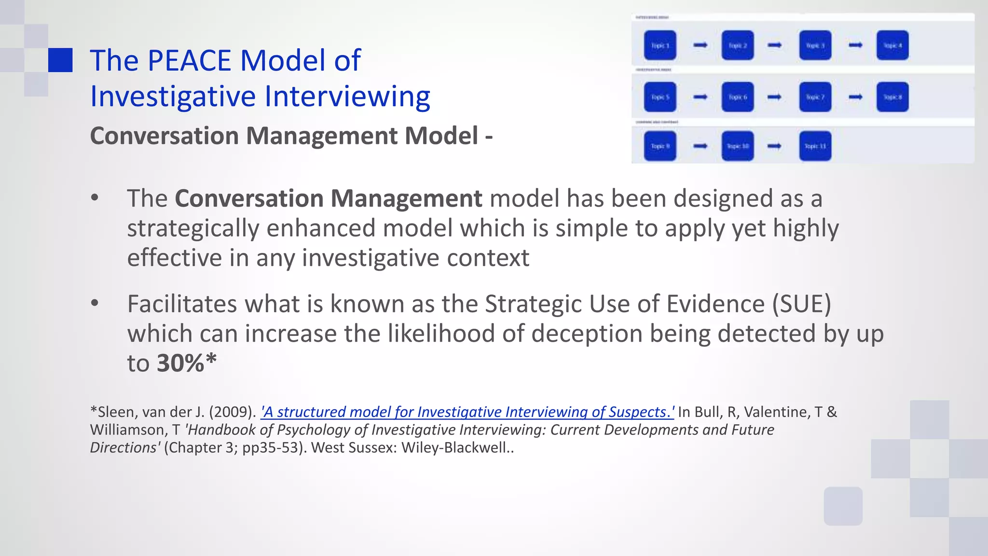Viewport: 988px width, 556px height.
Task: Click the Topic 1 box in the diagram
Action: coord(660,45)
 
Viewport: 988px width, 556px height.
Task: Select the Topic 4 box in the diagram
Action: coord(892,45)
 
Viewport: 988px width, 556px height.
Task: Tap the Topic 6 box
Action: coord(738,97)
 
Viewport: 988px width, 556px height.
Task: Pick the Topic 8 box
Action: coord(892,97)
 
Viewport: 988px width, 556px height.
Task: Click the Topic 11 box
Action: coord(815,146)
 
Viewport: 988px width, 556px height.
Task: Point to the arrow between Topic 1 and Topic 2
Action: coord(700,45)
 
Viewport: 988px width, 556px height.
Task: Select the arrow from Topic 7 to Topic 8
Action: coord(855,97)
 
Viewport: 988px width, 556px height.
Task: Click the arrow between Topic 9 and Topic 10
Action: coord(700,146)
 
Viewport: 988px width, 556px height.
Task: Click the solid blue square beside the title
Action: coord(60,60)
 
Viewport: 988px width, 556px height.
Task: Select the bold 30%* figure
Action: coord(187,363)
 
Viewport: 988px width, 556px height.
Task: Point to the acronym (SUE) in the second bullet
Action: coord(802,304)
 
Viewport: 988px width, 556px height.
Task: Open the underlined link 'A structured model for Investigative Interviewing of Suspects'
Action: coord(467,412)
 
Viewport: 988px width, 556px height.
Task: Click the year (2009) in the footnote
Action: coord(232,412)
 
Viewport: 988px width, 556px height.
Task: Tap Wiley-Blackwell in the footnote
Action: coord(454,448)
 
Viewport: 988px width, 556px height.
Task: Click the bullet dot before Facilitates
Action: coord(95,303)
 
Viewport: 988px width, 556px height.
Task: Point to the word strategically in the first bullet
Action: coord(193,228)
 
